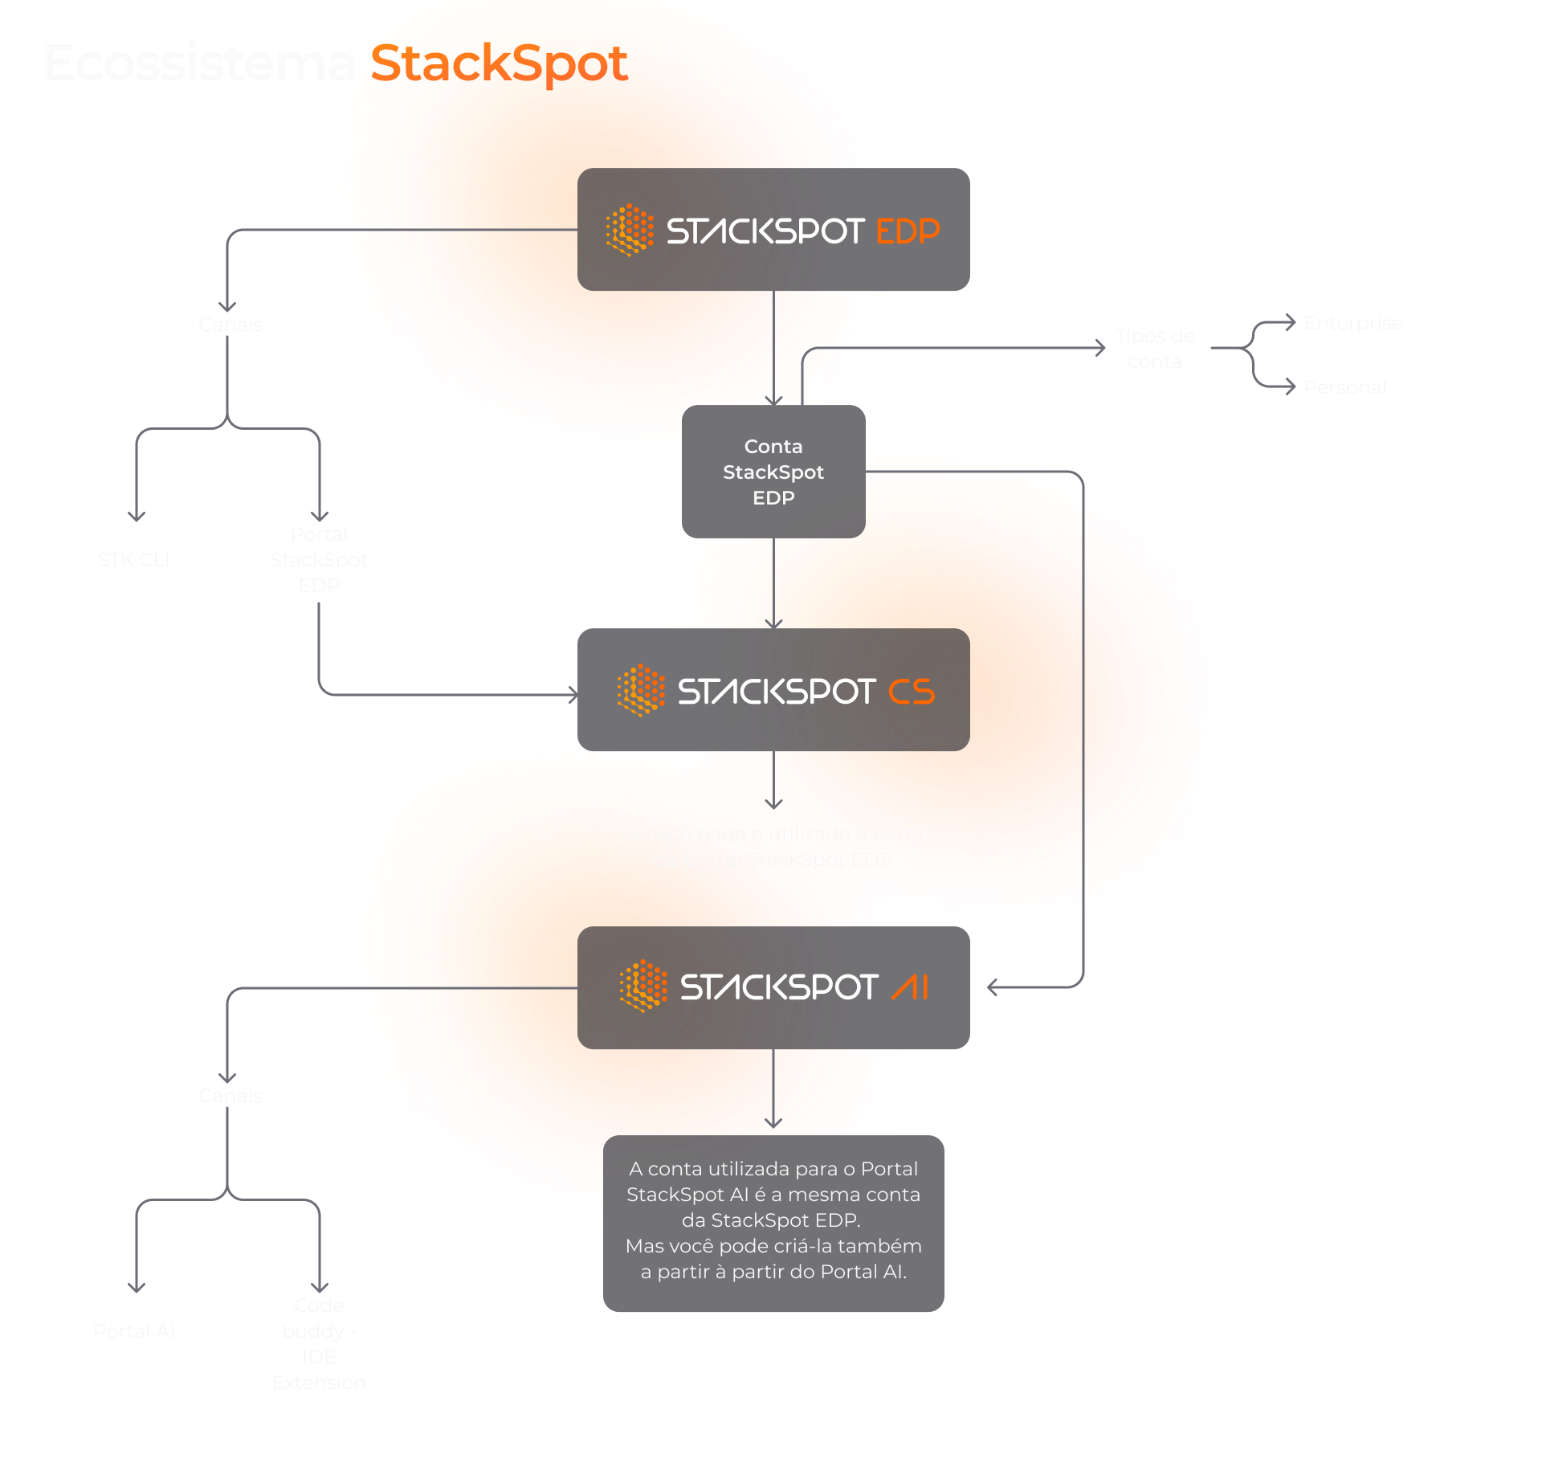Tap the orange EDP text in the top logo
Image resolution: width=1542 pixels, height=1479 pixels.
[x=908, y=231]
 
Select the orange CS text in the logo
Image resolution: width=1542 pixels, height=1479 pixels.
[x=912, y=692]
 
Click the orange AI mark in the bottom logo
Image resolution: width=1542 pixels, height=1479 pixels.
[x=910, y=987]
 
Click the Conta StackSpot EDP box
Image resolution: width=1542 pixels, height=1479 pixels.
[x=773, y=472]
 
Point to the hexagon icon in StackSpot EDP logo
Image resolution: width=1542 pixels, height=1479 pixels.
[x=630, y=230]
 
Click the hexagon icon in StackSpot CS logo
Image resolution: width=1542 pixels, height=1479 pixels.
[x=641, y=690]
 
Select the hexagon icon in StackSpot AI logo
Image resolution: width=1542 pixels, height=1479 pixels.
[x=643, y=986]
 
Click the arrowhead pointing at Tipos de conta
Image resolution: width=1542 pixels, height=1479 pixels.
[x=1101, y=348]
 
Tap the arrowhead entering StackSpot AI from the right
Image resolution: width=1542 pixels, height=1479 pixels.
[x=993, y=987]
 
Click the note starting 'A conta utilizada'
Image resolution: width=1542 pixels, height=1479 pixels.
[x=773, y=1221]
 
